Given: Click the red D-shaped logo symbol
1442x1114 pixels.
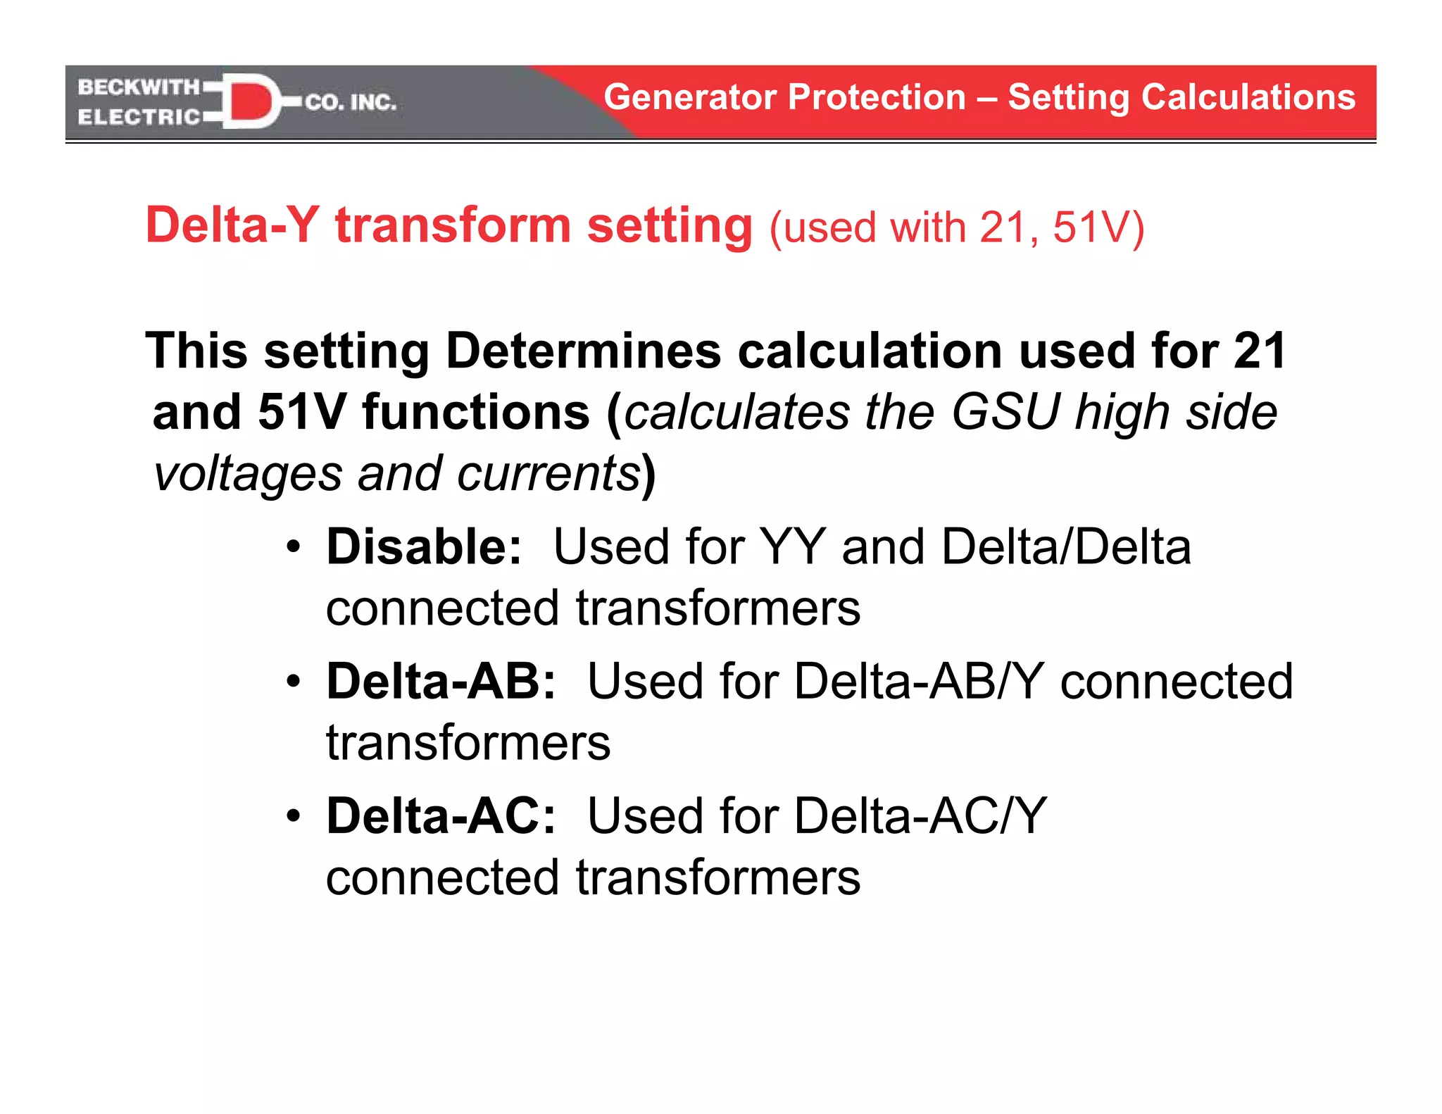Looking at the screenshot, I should [x=250, y=101].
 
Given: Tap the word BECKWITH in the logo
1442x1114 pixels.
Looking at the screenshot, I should [x=139, y=87].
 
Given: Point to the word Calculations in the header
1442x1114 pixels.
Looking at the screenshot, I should [x=1248, y=97].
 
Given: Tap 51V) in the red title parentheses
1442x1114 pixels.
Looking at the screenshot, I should [x=1098, y=227].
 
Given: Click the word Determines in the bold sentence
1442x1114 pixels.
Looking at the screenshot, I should [x=583, y=351].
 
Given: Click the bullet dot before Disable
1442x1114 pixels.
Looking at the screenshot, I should [x=294, y=547].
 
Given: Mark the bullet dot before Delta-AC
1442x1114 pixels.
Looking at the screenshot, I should [x=294, y=817].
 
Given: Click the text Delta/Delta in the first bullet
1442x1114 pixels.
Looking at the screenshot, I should [x=1066, y=546].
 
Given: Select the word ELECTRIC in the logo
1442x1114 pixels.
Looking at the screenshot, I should [x=139, y=117].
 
